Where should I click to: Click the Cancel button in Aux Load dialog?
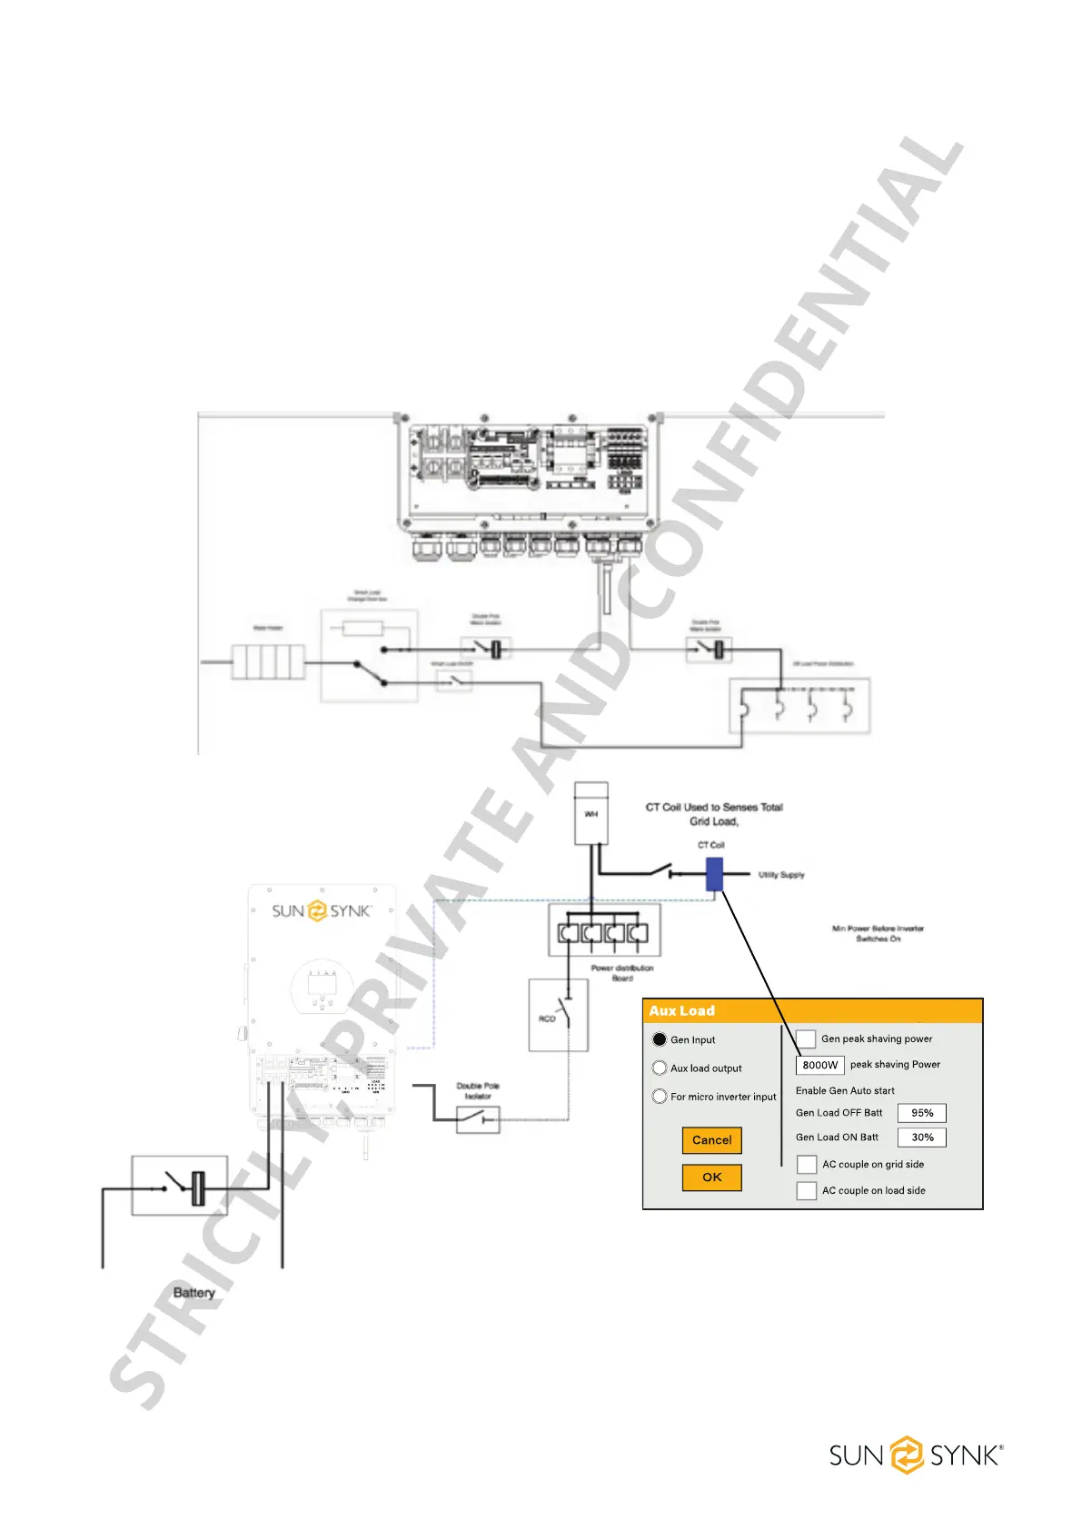[x=711, y=1140]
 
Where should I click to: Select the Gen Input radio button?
[x=660, y=1039]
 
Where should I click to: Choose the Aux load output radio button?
[x=660, y=1068]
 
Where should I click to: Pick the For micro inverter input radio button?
[x=660, y=1097]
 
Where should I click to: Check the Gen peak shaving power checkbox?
[x=806, y=1039]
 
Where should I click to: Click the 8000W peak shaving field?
[x=819, y=1065]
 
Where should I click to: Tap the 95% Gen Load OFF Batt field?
[x=922, y=1113]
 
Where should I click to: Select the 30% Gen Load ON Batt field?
[x=922, y=1138]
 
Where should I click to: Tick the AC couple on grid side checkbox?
[x=807, y=1165]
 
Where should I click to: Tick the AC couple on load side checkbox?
[x=807, y=1191]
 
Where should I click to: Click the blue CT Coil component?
[x=714, y=875]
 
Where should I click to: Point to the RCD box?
[x=559, y=1015]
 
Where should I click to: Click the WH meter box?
[x=591, y=813]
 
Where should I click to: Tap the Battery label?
[x=194, y=1293]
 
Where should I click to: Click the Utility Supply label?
[x=781, y=875]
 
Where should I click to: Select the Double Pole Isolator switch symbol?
[x=478, y=1119]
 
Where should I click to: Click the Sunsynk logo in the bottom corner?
[x=916, y=1455]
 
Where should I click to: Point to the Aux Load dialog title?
[x=682, y=1011]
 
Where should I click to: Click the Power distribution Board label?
[x=622, y=973]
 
